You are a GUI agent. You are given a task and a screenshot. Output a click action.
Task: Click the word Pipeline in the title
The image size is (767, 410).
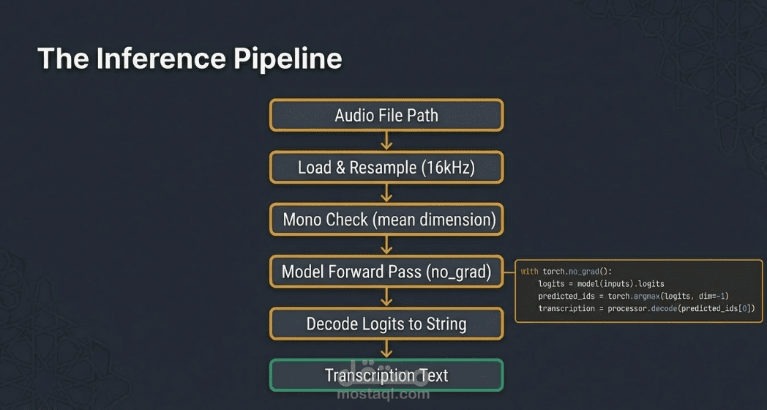point(288,59)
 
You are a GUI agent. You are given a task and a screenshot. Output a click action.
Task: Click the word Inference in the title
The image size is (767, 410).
point(162,59)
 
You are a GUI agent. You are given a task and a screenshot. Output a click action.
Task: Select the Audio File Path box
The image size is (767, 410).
point(386,115)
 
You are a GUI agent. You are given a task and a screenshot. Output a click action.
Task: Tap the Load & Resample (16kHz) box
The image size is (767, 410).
point(386,168)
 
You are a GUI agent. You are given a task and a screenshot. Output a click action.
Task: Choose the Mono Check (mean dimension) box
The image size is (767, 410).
point(386,220)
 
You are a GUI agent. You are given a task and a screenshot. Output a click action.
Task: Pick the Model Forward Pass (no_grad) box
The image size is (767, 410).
point(386,272)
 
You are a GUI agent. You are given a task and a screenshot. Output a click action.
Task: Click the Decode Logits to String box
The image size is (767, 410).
point(386,324)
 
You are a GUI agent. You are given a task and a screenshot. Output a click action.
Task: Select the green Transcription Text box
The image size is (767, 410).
point(386,376)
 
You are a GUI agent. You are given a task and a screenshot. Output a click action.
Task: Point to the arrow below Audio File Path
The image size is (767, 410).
point(386,141)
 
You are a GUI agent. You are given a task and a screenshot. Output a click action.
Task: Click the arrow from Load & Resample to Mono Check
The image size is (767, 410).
point(386,193)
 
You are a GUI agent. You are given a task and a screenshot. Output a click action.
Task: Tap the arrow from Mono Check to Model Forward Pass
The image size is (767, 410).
point(386,245)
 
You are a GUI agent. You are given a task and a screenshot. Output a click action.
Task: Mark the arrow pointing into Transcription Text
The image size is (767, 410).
point(386,349)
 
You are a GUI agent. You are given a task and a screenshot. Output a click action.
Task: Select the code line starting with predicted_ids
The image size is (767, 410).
point(633,296)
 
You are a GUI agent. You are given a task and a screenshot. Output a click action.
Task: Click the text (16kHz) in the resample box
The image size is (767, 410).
point(449,168)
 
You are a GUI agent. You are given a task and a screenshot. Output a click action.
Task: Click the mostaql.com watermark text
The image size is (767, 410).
point(383,394)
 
